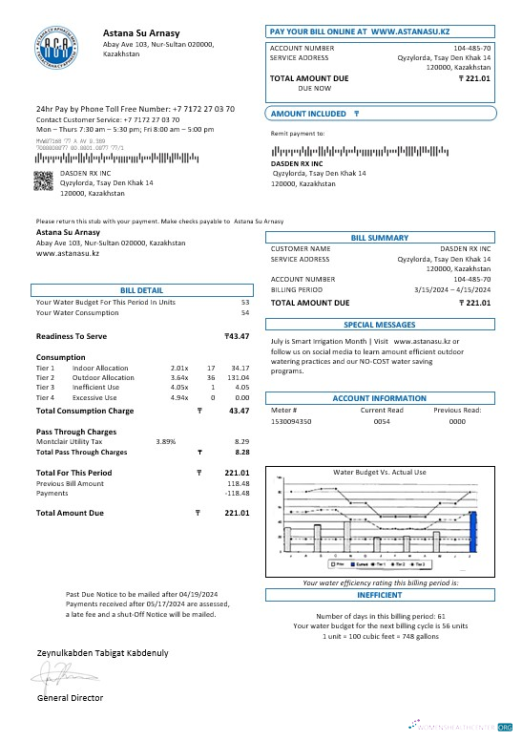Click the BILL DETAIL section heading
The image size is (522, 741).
pyautogui.click(x=141, y=289)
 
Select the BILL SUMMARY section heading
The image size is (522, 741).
pyautogui.click(x=379, y=238)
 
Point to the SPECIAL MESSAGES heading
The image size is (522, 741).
pyautogui.click(x=379, y=325)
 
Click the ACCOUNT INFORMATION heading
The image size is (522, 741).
pyautogui.click(x=379, y=398)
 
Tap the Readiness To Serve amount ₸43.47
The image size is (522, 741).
pyautogui.click(x=236, y=336)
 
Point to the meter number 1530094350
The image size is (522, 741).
pyautogui.click(x=290, y=420)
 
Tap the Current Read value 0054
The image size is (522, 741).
pyautogui.click(x=381, y=420)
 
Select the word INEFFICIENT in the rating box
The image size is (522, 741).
pyautogui.click(x=379, y=594)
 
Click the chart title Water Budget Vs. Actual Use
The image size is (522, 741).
pyautogui.click(x=379, y=472)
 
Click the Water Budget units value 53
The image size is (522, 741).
pyautogui.click(x=244, y=302)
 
